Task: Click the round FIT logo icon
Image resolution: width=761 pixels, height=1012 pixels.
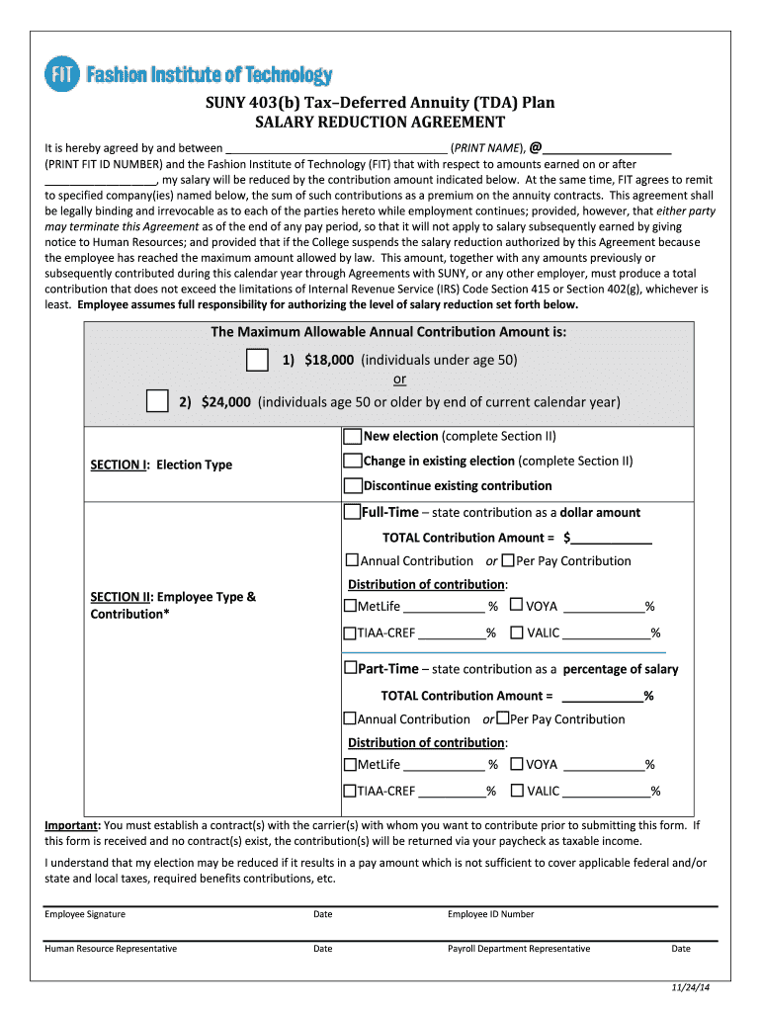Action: [61, 75]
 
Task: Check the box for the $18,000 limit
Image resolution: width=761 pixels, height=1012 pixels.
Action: [256, 360]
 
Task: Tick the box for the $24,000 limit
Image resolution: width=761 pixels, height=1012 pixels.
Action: [156, 401]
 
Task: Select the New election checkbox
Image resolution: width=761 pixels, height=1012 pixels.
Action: [352, 436]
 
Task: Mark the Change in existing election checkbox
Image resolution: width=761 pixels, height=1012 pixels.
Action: [352, 461]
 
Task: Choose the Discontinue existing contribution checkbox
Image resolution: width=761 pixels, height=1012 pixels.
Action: [352, 485]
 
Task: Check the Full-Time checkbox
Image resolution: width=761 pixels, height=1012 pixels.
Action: [351, 512]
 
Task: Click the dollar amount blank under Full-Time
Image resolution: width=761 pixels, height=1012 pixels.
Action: [612, 537]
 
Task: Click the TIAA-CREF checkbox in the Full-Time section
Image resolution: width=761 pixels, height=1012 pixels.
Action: [350, 632]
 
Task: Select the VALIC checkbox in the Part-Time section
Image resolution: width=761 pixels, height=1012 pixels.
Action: [516, 791]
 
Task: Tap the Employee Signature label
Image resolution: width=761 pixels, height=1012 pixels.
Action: [85, 914]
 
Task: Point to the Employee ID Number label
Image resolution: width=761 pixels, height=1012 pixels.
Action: [490, 914]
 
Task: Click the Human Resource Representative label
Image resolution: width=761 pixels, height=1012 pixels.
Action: [111, 949]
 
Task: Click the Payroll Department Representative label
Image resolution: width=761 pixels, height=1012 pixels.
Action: [518, 949]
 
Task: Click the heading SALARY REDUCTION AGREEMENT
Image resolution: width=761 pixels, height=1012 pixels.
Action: [380, 123]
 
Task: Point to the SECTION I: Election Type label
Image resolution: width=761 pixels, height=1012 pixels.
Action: [161, 464]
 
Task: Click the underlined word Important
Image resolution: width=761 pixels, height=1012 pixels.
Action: [71, 825]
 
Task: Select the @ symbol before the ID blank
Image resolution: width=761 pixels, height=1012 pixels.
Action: [535, 147]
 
